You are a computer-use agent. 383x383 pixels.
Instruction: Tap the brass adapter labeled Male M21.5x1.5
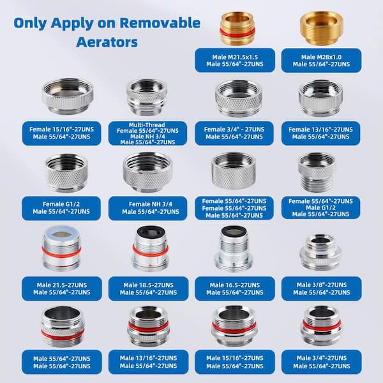[237, 28]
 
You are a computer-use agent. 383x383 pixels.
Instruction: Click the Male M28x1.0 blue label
[320, 60]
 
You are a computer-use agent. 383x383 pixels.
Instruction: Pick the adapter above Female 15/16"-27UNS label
[66, 96]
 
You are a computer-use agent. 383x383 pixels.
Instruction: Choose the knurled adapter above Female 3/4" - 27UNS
[237, 98]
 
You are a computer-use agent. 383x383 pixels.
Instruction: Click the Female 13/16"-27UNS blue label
[321, 133]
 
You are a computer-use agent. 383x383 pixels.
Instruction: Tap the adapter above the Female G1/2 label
[66, 172]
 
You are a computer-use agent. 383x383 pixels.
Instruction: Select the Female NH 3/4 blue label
[148, 207]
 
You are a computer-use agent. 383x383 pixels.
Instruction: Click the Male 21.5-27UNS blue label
[62, 288]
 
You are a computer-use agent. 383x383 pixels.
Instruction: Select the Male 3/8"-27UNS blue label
[320, 288]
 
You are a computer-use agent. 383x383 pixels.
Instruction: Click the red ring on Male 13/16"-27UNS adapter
[148, 327]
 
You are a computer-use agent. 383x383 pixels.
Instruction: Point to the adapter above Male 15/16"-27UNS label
[234, 325]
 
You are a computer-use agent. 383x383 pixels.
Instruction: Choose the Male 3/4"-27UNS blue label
[320, 362]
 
